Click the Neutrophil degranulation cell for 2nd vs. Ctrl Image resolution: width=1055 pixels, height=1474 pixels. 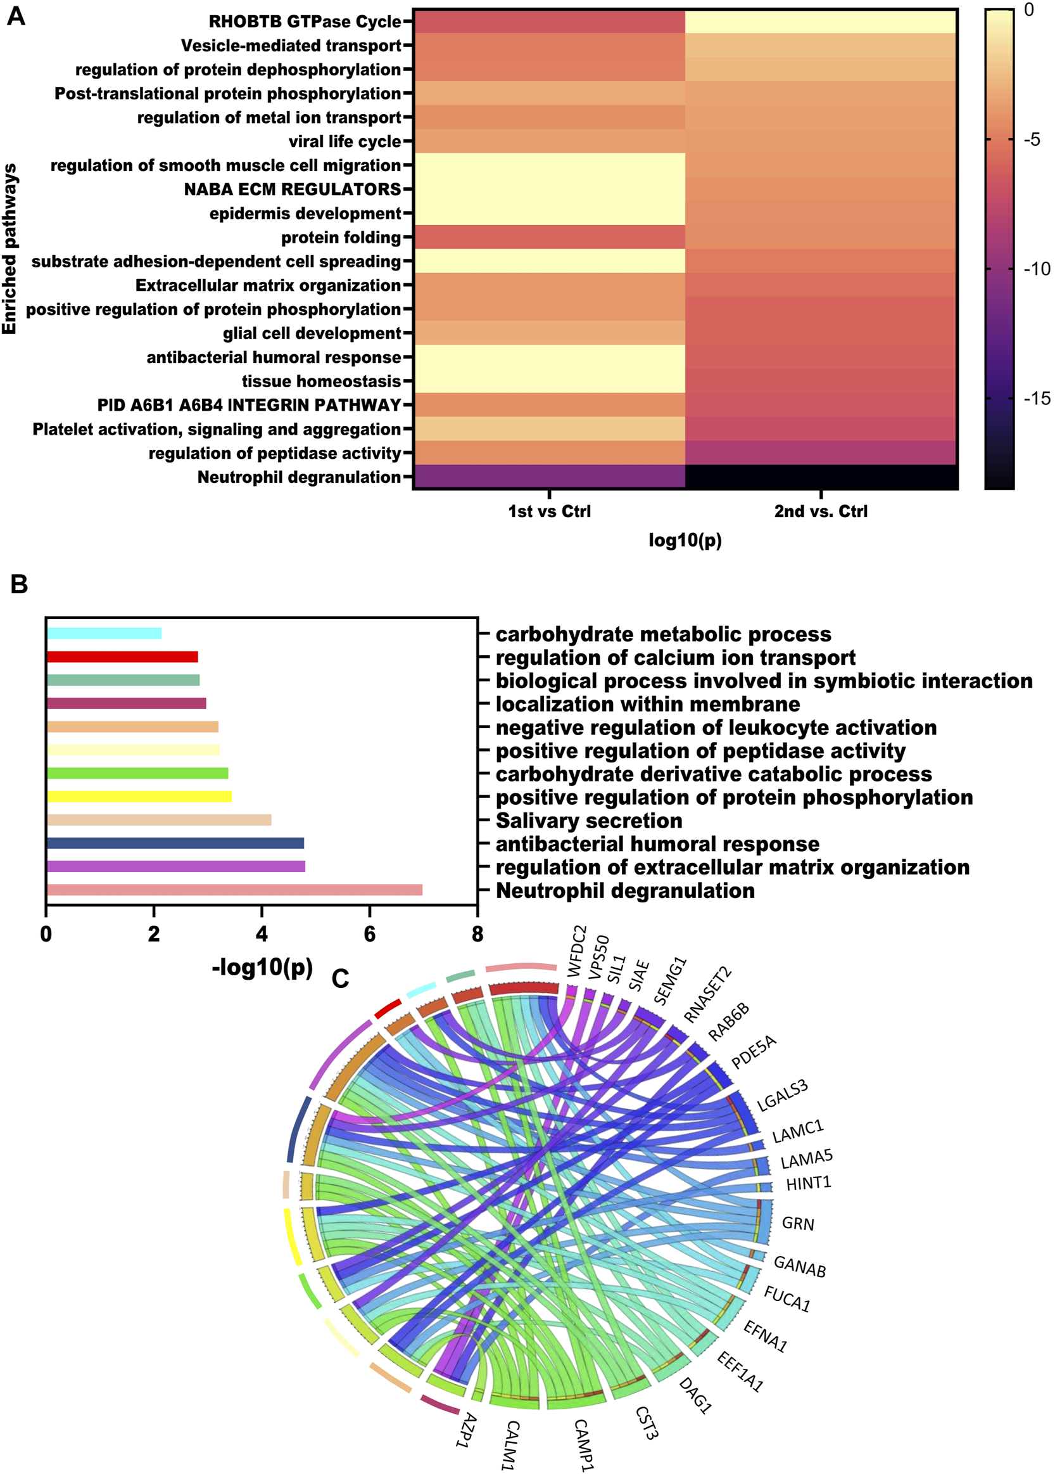(x=821, y=477)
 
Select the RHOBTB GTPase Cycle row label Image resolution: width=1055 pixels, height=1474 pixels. (x=305, y=22)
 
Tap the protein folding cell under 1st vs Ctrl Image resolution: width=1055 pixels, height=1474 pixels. (x=549, y=237)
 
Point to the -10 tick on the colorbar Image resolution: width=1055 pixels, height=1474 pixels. (x=1035, y=269)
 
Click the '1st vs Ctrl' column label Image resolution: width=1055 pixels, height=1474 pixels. (x=549, y=511)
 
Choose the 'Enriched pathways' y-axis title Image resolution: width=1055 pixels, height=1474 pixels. (x=9, y=249)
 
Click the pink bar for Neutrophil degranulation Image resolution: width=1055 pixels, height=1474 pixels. (x=234, y=890)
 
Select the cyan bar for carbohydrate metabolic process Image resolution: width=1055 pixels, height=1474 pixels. (x=104, y=634)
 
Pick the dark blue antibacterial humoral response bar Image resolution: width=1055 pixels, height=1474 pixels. (x=175, y=843)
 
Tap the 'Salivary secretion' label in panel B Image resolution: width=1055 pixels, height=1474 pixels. (x=588, y=821)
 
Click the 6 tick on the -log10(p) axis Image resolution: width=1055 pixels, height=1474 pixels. (x=370, y=935)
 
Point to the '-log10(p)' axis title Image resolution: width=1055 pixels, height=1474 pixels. (x=262, y=967)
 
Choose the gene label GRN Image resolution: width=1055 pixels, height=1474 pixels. (x=798, y=1224)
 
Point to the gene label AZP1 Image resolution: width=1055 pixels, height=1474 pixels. (x=467, y=1430)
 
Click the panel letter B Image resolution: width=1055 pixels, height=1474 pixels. (x=19, y=584)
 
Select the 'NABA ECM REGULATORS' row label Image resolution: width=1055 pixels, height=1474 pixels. (x=293, y=189)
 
